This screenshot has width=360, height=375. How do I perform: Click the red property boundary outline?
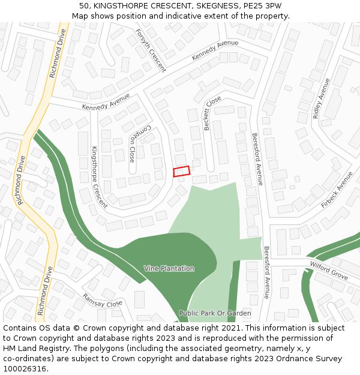tap(181, 172)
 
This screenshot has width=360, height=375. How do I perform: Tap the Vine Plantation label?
tap(169, 268)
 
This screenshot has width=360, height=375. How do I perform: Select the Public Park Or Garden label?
tap(215, 313)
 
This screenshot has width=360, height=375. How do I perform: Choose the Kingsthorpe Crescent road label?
tap(99, 176)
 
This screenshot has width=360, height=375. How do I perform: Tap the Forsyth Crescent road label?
tap(151, 50)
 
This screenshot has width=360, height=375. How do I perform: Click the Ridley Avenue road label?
tap(321, 99)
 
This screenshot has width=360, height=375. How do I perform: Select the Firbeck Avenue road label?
tap(337, 190)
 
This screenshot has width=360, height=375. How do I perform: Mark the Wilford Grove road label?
tap(329, 270)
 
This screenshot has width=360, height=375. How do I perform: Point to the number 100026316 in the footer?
tap(25, 368)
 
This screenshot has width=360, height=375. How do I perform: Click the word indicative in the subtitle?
tap(193, 16)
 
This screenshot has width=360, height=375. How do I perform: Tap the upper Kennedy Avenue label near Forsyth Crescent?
tap(215, 50)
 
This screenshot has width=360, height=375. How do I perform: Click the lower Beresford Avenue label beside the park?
tap(266, 272)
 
